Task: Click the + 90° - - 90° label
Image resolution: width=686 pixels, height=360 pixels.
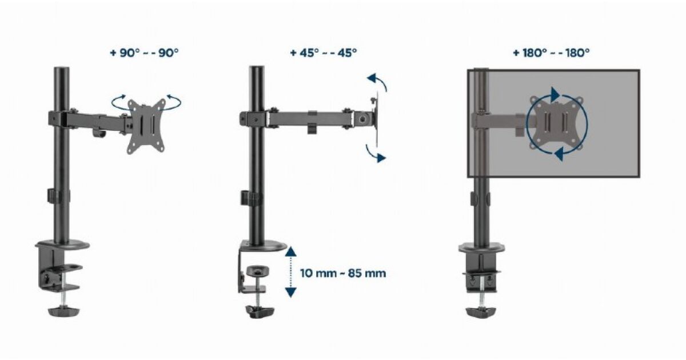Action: click(144, 53)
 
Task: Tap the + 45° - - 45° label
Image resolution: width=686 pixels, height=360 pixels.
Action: click(324, 53)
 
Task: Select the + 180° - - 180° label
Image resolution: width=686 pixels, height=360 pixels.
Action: click(551, 53)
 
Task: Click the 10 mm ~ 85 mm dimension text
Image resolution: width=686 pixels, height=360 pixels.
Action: click(343, 273)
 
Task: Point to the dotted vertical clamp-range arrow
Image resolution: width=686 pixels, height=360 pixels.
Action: click(290, 272)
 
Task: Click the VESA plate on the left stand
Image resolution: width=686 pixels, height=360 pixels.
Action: click(146, 126)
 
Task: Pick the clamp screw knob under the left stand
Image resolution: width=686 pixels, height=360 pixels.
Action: click(63, 311)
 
